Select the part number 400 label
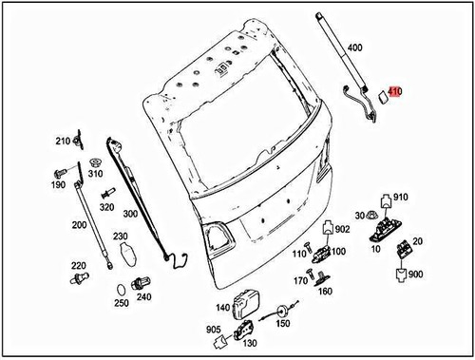[x=354, y=47]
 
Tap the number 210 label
[x=64, y=142]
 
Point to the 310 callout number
[x=95, y=175]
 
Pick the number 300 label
[x=130, y=216]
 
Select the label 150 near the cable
[x=281, y=323]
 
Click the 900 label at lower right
[x=414, y=275]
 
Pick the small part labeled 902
[x=326, y=228]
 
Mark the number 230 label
[x=120, y=237]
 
